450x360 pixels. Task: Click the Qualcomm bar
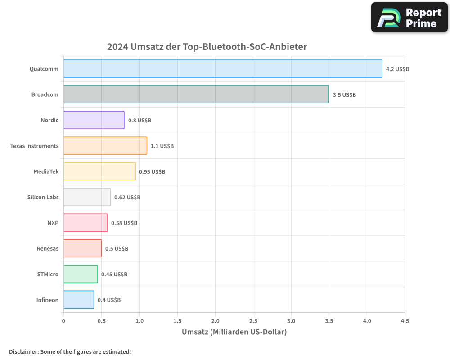[223, 69]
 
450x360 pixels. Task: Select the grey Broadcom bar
[196, 94]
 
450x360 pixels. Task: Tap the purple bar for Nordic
[94, 120]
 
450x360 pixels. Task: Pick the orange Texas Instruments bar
[105, 146]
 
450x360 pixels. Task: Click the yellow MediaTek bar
[99, 171]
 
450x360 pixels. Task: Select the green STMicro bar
[81, 274]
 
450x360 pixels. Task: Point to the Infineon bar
[79, 300]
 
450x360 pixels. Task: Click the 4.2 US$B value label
[397, 69]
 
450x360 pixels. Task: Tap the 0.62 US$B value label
[127, 198]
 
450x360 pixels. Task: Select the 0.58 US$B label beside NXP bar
[124, 223]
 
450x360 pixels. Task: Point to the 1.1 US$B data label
[162, 146]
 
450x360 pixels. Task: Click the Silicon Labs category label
[43, 197]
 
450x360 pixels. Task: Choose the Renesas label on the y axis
[48, 248]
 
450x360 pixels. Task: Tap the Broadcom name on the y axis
[45, 94]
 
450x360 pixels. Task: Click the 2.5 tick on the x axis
[253, 321]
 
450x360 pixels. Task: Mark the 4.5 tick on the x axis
[405, 321]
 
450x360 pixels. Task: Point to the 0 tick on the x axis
[63, 321]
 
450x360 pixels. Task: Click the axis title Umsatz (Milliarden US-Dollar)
[234, 332]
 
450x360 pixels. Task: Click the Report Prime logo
[409, 18]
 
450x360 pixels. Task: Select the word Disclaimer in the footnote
[23, 351]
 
